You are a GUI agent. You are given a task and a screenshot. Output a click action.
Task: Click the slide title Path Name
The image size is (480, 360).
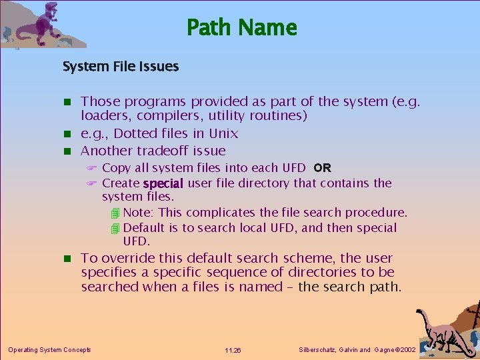click(x=241, y=28)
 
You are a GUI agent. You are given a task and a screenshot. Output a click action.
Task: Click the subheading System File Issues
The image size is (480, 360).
click(x=121, y=67)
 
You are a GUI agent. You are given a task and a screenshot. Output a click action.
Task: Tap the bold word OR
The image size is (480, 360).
click(x=322, y=168)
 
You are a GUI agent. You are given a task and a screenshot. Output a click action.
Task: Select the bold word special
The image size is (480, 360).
click(x=163, y=183)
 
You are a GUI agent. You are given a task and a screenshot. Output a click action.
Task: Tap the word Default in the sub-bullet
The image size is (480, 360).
click(x=146, y=228)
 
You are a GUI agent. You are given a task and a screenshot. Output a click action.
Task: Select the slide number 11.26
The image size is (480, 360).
click(x=233, y=350)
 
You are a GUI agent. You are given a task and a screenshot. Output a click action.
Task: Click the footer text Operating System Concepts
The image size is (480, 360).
click(x=49, y=349)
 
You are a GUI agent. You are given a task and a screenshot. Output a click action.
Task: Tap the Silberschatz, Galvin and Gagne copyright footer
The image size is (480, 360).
click(x=359, y=349)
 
